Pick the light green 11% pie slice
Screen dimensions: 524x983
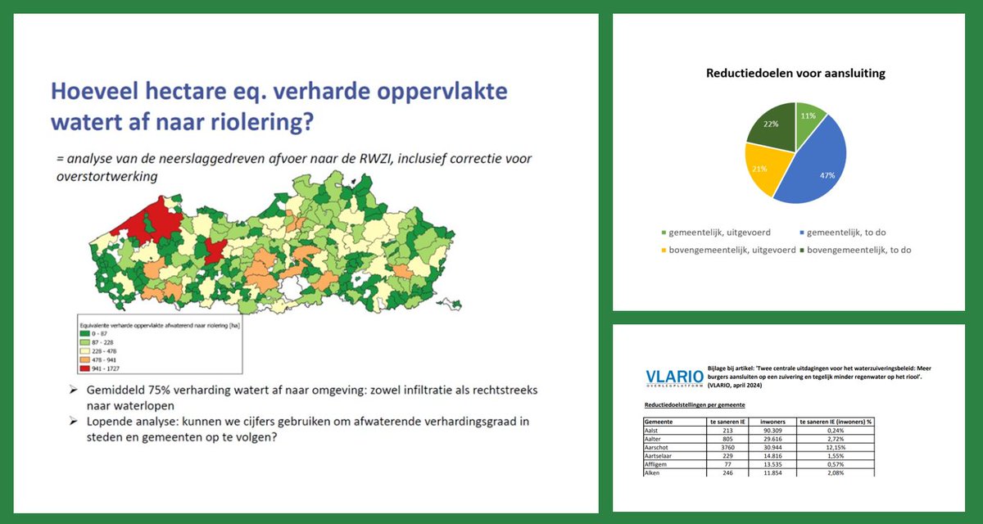coord(808,115)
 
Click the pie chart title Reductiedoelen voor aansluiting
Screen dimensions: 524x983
coord(795,74)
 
